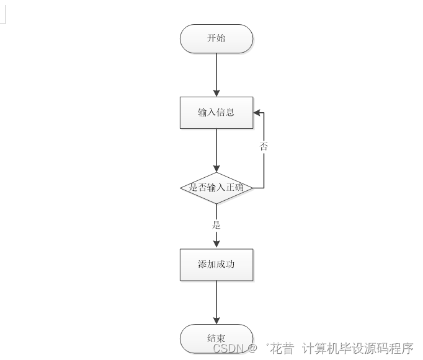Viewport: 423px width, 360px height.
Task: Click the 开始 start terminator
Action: click(x=216, y=38)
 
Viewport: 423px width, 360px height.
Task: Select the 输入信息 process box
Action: click(x=216, y=113)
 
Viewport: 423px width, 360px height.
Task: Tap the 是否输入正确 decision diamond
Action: click(x=216, y=187)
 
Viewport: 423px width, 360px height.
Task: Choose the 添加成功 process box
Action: click(x=216, y=265)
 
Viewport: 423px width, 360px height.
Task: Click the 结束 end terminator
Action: click(x=216, y=338)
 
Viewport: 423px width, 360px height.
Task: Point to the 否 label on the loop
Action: click(x=264, y=147)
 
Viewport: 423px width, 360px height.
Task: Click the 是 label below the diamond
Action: click(x=216, y=225)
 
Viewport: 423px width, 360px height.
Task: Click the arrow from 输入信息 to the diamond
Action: click(x=216, y=149)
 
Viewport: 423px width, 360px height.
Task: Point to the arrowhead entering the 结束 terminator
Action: click(x=216, y=320)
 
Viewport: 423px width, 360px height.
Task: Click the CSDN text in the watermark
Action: click(x=228, y=348)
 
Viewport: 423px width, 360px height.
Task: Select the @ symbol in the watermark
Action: click(x=252, y=348)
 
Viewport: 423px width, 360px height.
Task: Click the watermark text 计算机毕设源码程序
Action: click(x=357, y=348)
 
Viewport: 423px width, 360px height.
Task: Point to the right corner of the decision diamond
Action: click(x=252, y=187)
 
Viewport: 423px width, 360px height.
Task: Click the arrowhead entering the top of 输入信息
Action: click(x=216, y=93)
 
